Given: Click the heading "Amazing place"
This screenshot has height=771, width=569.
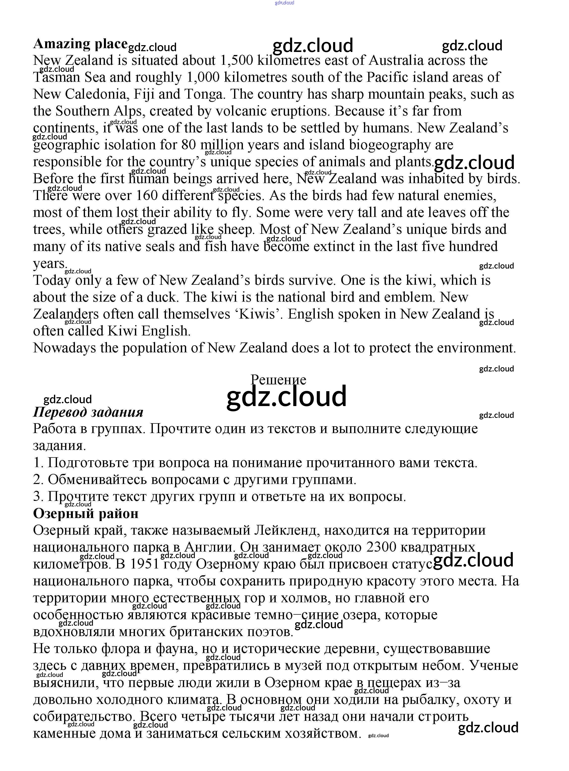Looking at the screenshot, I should (80, 44).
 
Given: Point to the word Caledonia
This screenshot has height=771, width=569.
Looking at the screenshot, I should (97, 94).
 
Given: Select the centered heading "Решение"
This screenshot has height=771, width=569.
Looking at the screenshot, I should (278, 380).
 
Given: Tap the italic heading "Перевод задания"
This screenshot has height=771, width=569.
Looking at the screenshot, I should (88, 412).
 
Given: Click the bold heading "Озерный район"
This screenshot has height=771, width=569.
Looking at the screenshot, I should (86, 513).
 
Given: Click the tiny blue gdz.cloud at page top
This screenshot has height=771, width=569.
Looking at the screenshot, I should (284, 3).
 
